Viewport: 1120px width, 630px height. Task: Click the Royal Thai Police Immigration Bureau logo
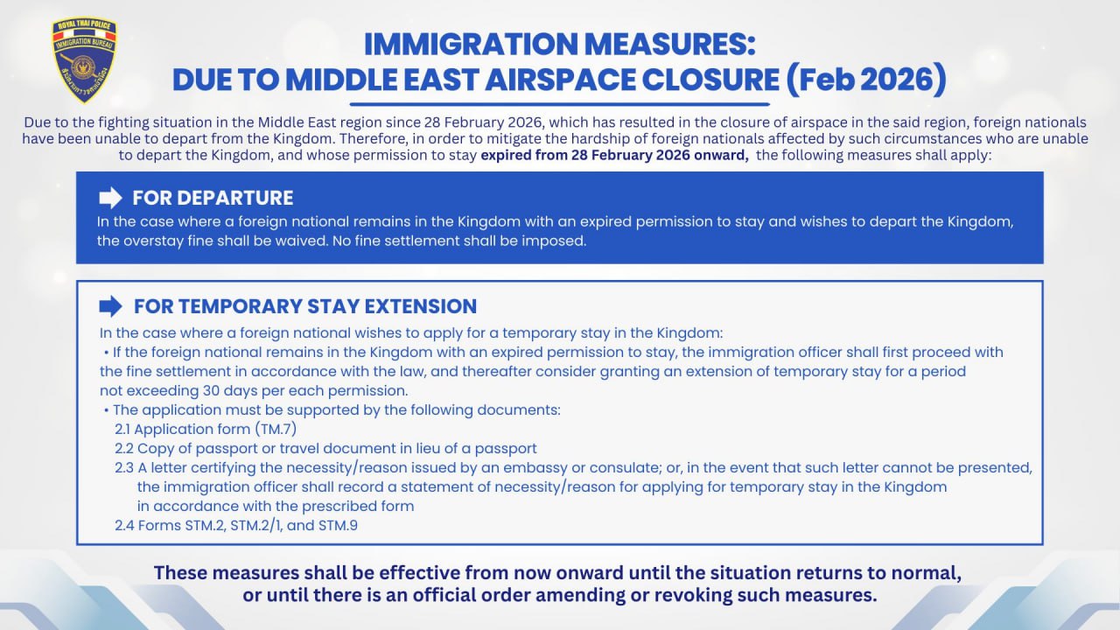click(84, 60)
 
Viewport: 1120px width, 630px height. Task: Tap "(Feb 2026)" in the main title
click(865, 78)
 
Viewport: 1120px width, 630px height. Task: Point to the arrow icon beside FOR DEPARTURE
click(110, 197)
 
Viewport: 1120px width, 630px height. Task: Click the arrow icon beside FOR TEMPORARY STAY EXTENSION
click(110, 305)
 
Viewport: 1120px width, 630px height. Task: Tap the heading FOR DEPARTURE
click(213, 197)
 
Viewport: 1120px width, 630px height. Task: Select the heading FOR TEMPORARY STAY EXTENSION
click(304, 306)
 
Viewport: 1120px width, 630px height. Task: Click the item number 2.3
click(124, 467)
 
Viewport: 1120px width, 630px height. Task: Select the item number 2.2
click(124, 448)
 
